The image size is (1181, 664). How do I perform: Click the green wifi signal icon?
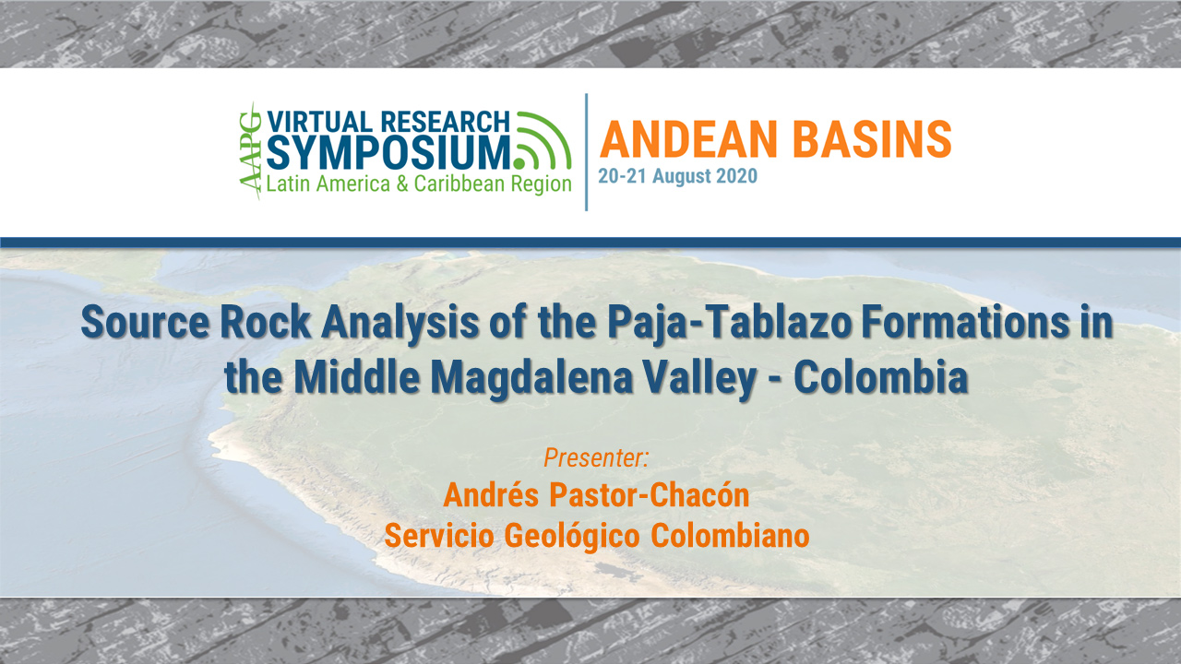pyautogui.click(x=544, y=142)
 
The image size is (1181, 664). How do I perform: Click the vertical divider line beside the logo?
pyautogui.click(x=586, y=152)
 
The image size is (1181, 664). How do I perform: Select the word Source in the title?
pyautogui.click(x=137, y=325)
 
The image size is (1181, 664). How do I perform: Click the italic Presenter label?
pyautogui.click(x=596, y=456)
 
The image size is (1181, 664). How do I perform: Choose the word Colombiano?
pyautogui.click(x=731, y=535)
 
